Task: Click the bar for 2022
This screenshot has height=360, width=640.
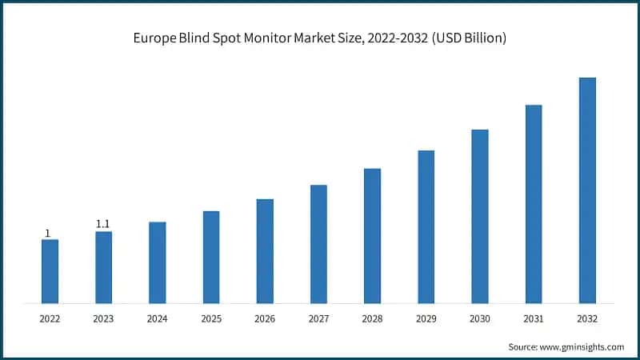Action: [x=50, y=271]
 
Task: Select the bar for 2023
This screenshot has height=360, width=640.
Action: [x=103, y=267]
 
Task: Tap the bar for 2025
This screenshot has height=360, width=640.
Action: [x=211, y=257]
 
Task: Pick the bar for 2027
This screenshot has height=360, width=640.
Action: [x=318, y=244]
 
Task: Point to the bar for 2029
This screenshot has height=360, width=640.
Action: [x=426, y=226]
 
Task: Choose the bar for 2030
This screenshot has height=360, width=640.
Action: [x=480, y=216]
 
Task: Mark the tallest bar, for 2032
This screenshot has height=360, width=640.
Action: [x=587, y=190]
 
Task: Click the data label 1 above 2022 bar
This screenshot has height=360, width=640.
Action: [x=47, y=234]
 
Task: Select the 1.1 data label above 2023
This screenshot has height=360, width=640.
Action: [x=103, y=225]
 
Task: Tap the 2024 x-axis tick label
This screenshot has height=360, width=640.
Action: [x=157, y=318]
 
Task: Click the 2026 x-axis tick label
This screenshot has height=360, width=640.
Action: [x=265, y=318]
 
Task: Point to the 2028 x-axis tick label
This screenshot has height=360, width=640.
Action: [x=372, y=318]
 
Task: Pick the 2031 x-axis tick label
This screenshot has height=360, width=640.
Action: [x=534, y=318]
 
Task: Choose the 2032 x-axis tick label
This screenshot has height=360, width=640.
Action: [x=587, y=318]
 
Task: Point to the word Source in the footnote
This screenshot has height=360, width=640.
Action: [x=524, y=347]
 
